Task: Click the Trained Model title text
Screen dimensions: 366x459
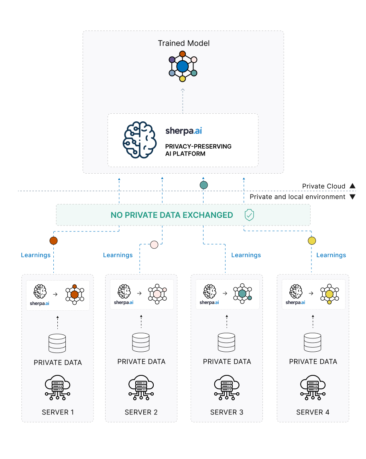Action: [183, 43]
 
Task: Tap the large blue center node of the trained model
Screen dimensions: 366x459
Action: [183, 66]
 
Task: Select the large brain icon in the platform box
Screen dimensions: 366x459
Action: [139, 140]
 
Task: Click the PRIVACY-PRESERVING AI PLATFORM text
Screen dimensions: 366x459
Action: [198, 150]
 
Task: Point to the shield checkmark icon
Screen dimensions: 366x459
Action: [249, 215]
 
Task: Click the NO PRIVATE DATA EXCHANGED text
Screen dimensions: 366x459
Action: [172, 215]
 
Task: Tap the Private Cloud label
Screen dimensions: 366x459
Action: [323, 186]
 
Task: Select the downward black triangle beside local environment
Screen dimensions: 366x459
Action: [352, 197]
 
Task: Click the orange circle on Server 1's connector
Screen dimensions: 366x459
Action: [53, 241]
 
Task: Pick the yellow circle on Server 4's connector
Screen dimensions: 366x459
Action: [312, 241]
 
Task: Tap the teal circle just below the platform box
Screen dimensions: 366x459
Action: [204, 185]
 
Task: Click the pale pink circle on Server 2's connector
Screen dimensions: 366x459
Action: [154, 244]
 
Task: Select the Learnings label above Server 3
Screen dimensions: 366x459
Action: [246, 255]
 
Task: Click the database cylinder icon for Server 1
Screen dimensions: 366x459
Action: [57, 343]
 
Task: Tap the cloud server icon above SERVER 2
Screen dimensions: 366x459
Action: [141, 387]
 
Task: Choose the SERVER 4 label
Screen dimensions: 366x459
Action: [313, 412]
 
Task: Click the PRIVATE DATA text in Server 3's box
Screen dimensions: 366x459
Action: [227, 361]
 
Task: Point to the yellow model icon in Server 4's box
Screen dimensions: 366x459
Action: [329, 294]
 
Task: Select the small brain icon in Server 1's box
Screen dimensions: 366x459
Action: [40, 291]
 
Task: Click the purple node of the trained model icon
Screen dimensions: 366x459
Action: [172, 60]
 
